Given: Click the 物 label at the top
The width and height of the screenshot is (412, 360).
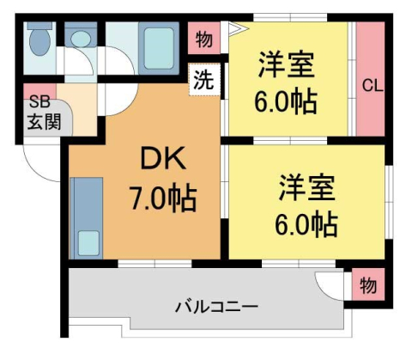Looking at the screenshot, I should (x=204, y=40).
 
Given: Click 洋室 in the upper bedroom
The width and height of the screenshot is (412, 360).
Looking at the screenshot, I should (x=286, y=65).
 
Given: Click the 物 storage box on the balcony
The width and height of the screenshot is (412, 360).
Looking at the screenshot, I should (x=367, y=284).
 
